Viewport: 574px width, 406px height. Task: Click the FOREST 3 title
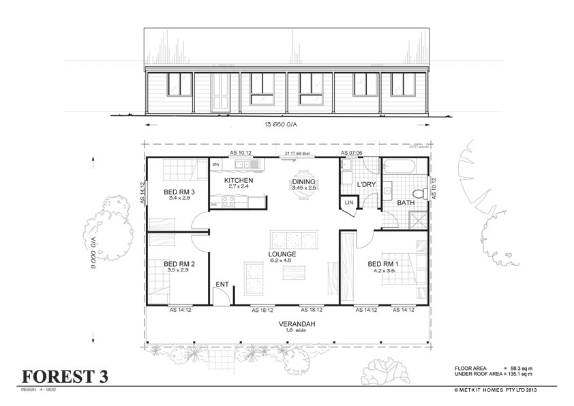[x=64, y=377]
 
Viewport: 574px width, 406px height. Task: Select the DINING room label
[x=304, y=182]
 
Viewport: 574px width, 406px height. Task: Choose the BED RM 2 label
[x=179, y=264]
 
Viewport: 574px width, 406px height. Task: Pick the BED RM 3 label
[x=179, y=192]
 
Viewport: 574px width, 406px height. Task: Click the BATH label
[x=406, y=203]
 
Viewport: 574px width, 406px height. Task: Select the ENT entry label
[x=222, y=284]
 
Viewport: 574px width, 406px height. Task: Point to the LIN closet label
[x=348, y=203]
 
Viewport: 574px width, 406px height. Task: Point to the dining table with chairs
[x=304, y=193]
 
